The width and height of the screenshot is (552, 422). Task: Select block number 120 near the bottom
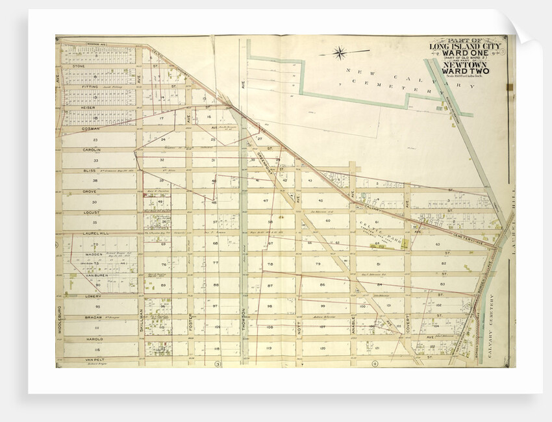[321, 348]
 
